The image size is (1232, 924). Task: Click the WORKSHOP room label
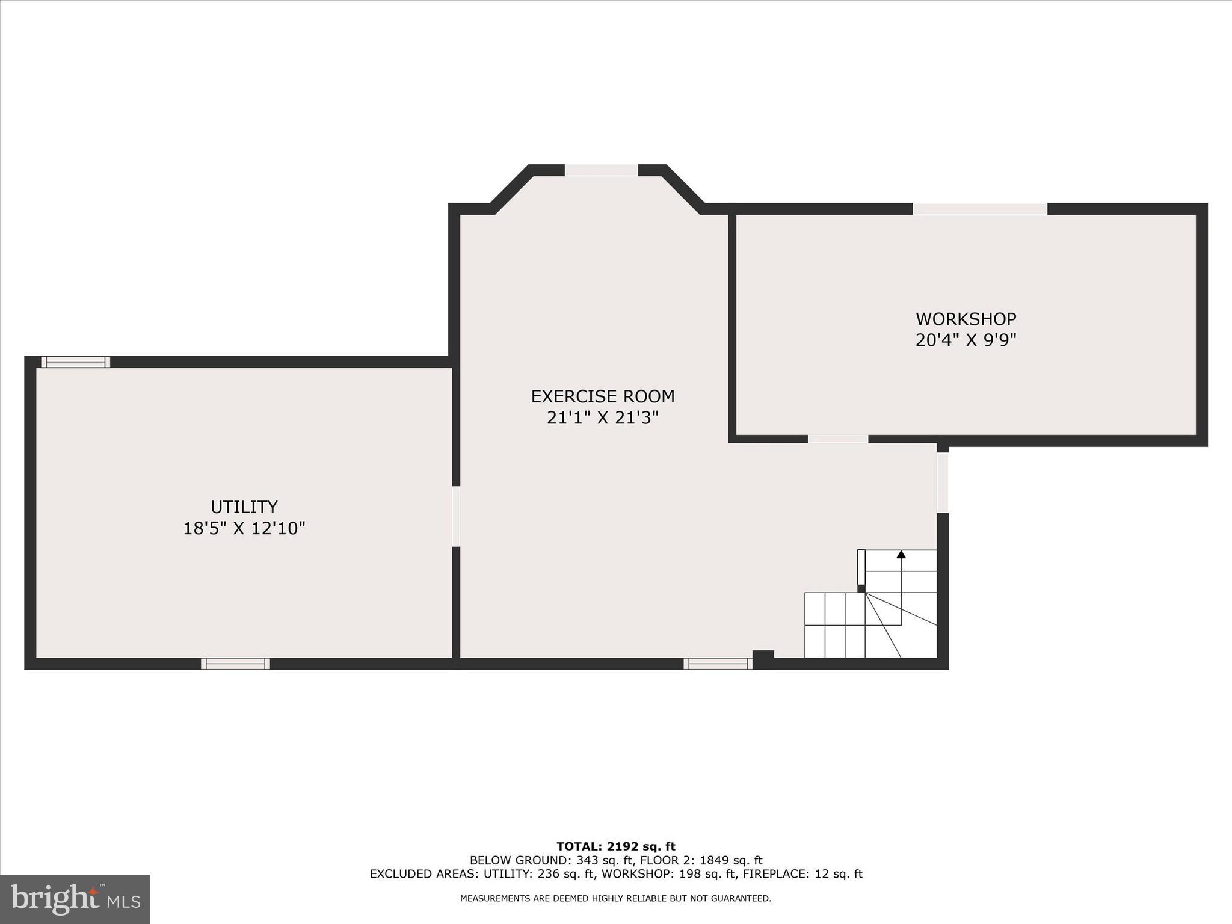[966, 319]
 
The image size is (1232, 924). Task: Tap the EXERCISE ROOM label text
[602, 396]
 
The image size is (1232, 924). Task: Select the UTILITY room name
[244, 507]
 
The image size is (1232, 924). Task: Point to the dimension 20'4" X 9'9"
[966, 340]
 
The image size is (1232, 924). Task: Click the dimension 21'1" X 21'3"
[602, 418]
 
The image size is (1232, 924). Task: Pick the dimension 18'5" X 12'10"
[244, 528]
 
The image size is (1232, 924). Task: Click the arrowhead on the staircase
[901, 554]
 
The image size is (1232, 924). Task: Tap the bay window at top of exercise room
[601, 170]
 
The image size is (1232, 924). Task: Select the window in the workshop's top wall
[980, 209]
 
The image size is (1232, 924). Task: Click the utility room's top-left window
[75, 362]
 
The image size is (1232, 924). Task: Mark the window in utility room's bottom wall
[235, 664]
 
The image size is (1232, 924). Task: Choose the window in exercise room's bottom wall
[718, 664]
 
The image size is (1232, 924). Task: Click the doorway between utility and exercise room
[456, 516]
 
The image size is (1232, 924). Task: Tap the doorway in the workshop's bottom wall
[837, 439]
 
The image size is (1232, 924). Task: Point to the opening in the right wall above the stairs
[943, 482]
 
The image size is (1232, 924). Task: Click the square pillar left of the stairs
[763, 658]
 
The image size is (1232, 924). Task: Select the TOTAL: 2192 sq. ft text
[615, 847]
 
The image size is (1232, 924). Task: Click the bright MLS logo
[75, 899]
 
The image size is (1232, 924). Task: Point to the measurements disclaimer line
[615, 899]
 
